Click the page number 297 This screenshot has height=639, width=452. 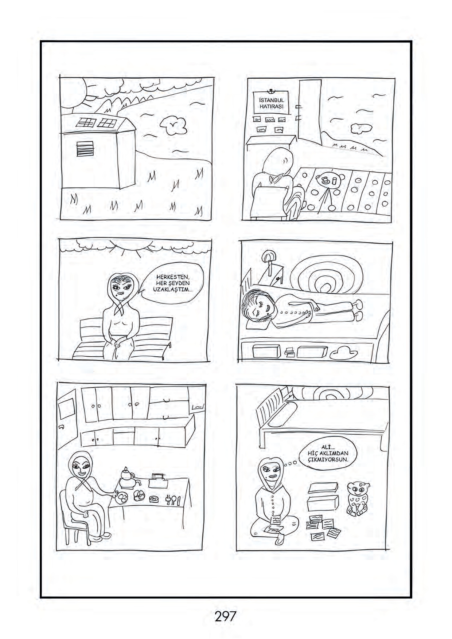pyautogui.click(x=226, y=616)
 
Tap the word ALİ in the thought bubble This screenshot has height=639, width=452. pyautogui.click(x=326, y=447)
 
